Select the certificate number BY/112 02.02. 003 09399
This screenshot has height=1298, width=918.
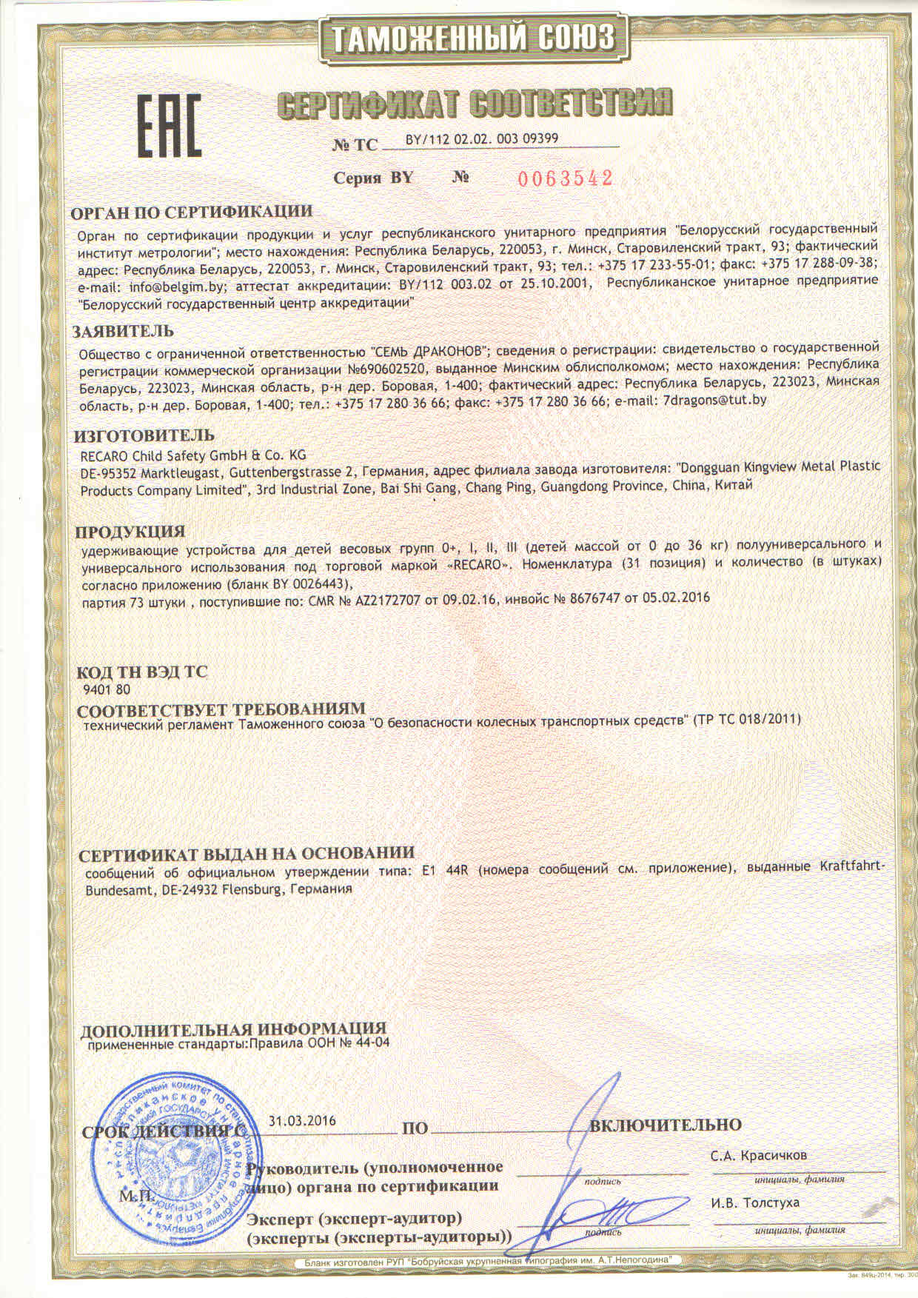482,138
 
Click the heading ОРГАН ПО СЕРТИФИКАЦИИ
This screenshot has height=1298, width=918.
191,212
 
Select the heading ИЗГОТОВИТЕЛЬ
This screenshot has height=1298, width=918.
146,435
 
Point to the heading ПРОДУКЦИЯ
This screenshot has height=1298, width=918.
130,532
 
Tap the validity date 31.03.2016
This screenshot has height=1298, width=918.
302,1120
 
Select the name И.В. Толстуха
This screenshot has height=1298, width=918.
755,1202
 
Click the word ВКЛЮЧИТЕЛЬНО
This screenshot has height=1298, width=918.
665,1125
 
